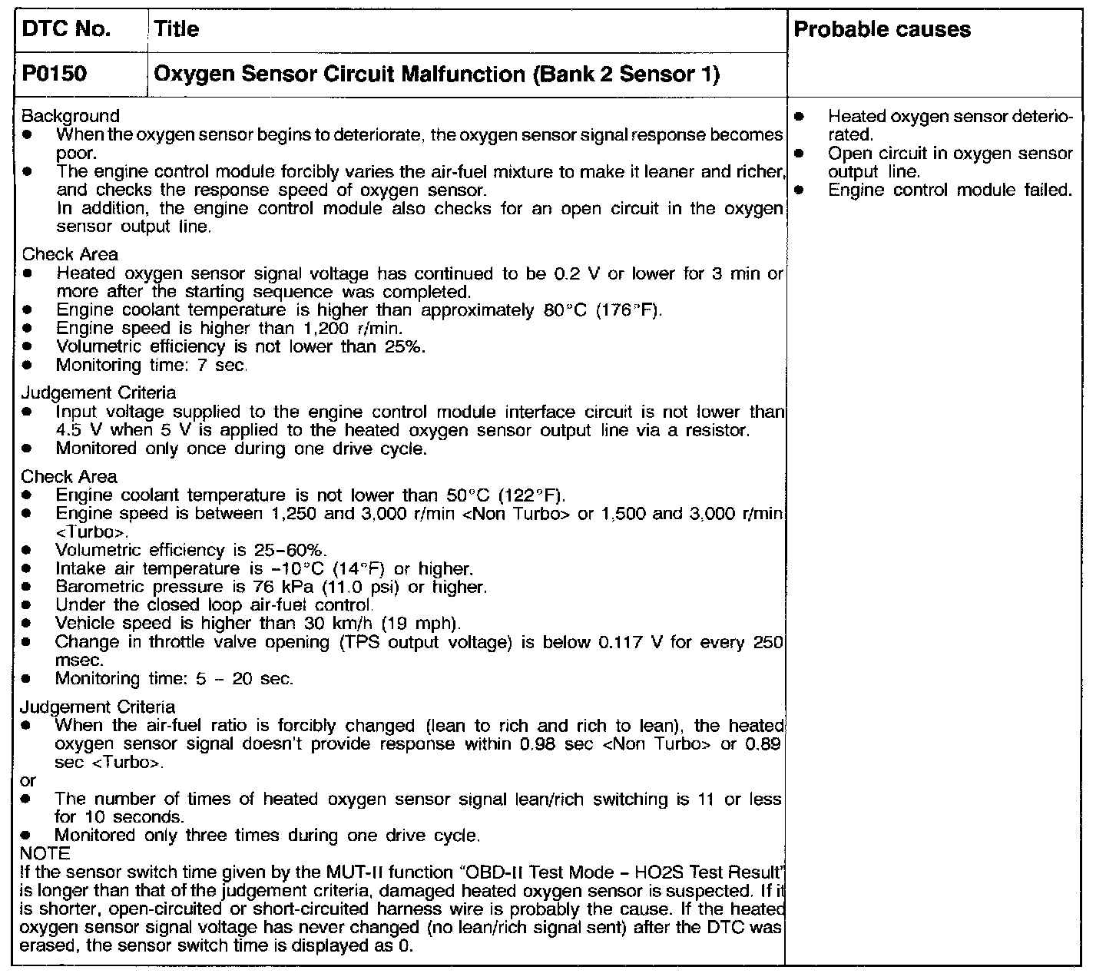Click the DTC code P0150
point(55,74)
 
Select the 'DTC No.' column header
point(67,29)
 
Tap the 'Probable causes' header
point(882,29)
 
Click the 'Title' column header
point(177,29)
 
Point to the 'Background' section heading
point(71,116)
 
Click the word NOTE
point(45,853)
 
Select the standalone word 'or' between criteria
point(28,780)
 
